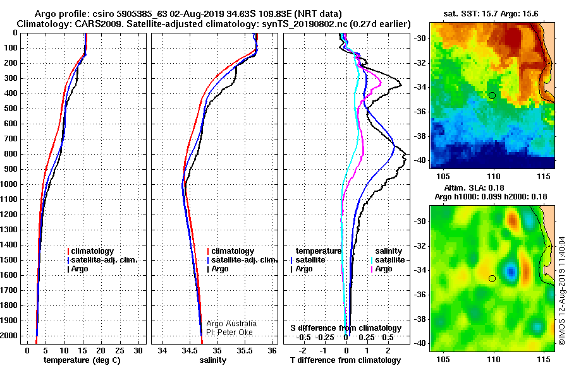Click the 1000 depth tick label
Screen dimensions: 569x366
[9, 184]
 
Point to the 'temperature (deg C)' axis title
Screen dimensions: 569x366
[82, 360]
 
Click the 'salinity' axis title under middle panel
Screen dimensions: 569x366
[213, 360]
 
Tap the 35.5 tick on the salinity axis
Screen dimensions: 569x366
[245, 351]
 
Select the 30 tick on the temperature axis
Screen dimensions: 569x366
[138, 351]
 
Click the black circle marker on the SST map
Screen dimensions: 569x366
[492, 96]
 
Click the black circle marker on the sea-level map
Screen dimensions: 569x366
[492, 279]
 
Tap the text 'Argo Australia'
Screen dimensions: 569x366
[231, 324]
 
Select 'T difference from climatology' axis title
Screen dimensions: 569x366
[346, 360]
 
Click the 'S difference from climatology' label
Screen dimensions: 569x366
[346, 328]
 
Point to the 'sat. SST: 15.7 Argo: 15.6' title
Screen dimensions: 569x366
[491, 14]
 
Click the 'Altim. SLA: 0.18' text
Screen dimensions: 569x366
[474, 187]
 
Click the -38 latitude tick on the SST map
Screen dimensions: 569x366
[421, 136]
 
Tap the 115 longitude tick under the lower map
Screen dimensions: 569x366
[544, 360]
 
